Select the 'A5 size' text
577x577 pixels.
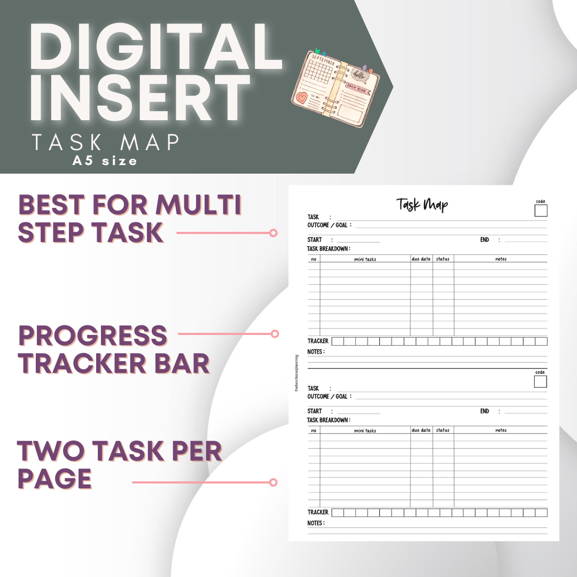point(105,160)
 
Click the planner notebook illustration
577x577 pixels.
point(336,88)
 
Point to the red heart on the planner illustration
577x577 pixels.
point(304,100)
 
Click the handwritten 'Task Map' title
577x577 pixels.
point(422,204)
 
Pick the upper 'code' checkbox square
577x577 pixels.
point(541,210)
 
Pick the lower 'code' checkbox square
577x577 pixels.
point(540,381)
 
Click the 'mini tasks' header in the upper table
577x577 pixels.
point(365,259)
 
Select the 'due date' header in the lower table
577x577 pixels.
point(421,430)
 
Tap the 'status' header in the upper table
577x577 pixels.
point(443,259)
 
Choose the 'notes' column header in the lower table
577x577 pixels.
point(501,430)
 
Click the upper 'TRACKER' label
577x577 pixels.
point(318,341)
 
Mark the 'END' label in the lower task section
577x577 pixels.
point(485,411)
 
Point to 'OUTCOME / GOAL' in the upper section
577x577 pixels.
point(327,225)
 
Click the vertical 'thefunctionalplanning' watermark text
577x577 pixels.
point(297,374)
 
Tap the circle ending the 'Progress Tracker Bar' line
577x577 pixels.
point(275,334)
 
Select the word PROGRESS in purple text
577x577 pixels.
point(93,336)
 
